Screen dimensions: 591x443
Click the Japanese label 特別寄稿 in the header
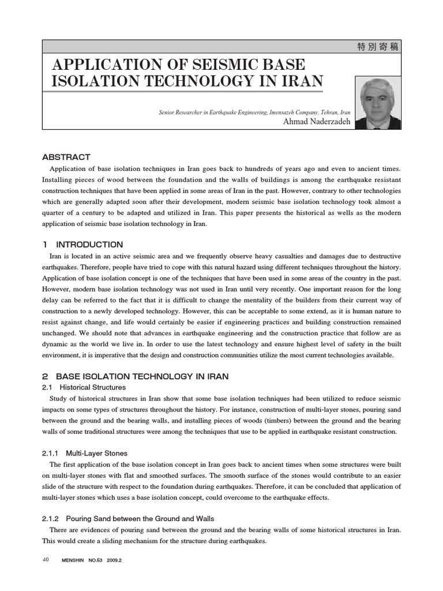[378, 48]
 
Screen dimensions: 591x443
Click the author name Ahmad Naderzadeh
[316, 121]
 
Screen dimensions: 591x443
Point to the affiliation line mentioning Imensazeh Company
[254, 111]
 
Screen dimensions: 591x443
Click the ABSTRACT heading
[66, 157]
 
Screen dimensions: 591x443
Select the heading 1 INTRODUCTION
[83, 244]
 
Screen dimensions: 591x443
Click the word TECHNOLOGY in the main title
[196, 81]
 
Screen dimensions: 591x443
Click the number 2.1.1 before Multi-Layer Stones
[53, 453]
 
